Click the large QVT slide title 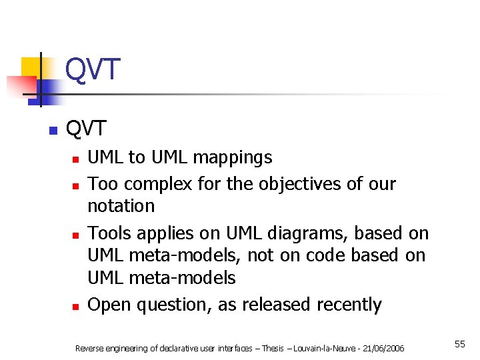(93, 69)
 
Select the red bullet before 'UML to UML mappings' (77, 159)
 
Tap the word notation (121, 206)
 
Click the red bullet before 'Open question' (77, 307)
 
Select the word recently (349, 305)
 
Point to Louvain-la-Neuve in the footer (327, 348)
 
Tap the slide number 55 (459, 344)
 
